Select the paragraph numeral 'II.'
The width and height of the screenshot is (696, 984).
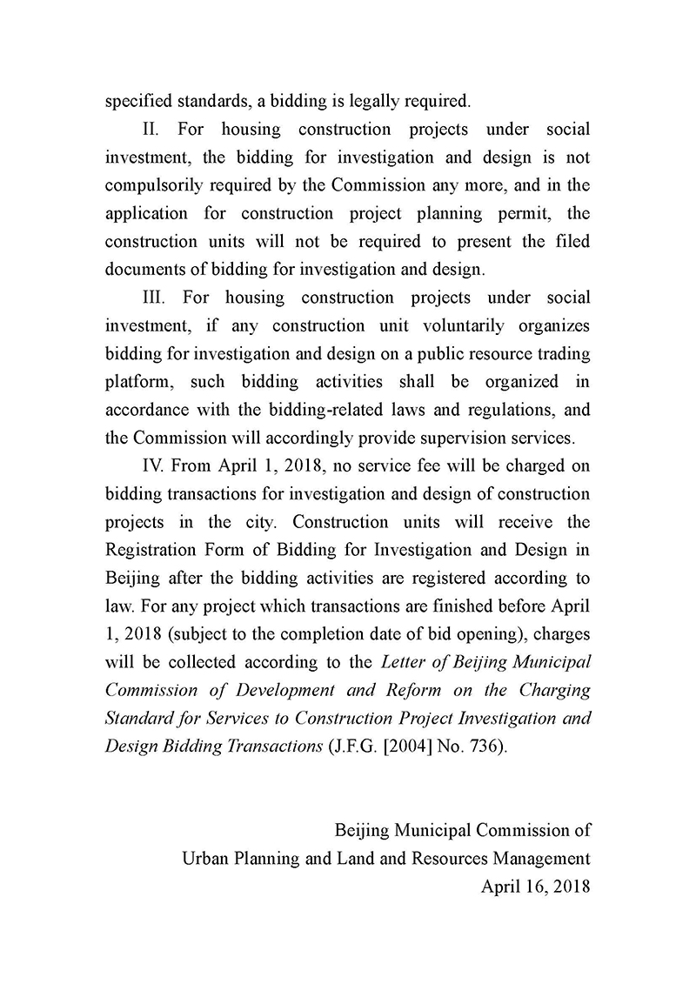pyautogui.click(x=152, y=129)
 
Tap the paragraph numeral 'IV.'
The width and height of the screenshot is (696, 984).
pyautogui.click(x=154, y=465)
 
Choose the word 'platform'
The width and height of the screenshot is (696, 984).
pyautogui.click(x=137, y=382)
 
